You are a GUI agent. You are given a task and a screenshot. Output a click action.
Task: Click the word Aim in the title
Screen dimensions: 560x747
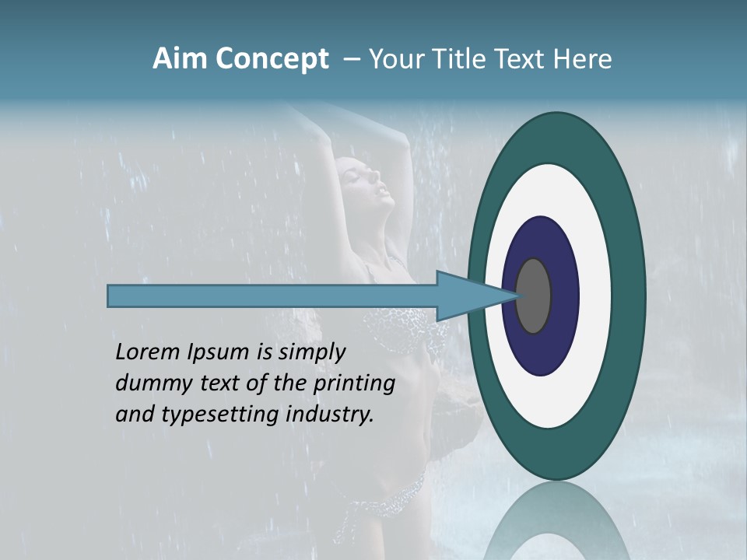tap(175, 59)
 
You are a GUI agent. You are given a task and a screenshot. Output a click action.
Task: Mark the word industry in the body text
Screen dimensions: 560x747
tap(330, 415)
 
